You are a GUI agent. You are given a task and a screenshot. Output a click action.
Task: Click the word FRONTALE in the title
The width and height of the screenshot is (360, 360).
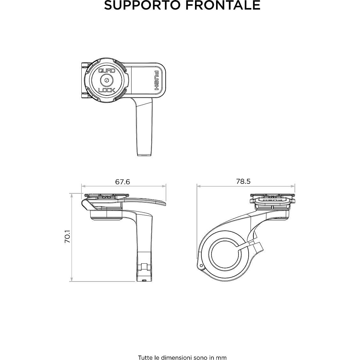[x=221, y=5]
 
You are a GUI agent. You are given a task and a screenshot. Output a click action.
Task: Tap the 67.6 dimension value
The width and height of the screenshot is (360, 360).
[x=123, y=182]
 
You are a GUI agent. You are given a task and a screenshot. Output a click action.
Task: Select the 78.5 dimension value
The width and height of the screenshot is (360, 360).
[x=244, y=181]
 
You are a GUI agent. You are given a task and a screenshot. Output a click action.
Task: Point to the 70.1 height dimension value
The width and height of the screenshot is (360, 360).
[x=68, y=236]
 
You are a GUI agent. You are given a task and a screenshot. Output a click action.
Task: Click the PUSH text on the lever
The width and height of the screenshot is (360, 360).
[x=157, y=80]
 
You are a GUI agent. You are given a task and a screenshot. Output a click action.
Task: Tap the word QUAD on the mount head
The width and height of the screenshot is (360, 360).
[x=107, y=71]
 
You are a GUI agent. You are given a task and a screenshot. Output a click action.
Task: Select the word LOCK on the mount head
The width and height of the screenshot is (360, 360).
[x=107, y=90]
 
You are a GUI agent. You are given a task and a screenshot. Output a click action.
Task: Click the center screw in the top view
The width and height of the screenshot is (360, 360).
[x=107, y=80]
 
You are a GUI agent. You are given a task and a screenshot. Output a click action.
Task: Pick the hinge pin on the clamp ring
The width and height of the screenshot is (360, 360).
[x=201, y=266]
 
